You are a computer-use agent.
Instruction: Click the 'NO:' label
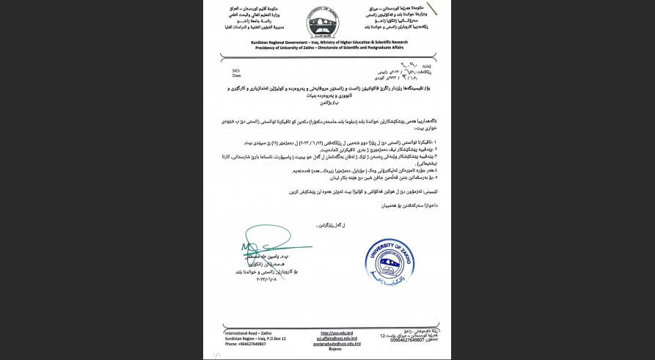point(236,70)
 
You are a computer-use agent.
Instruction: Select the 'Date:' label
point(237,75)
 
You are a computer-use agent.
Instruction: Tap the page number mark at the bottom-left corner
point(216,355)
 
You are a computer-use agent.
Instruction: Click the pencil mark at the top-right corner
point(432,8)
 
